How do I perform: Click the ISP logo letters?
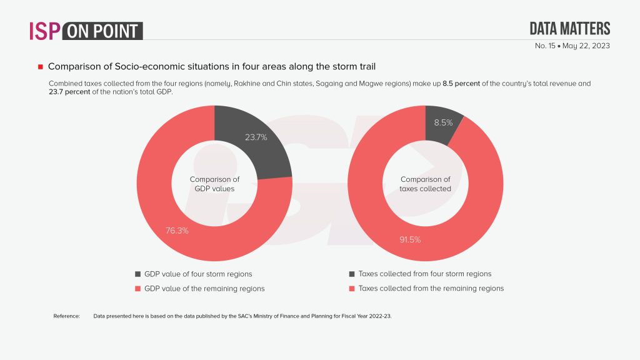pyautogui.click(x=44, y=31)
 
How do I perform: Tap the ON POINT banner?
pyautogui.click(x=104, y=31)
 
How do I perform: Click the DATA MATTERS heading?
pyautogui.click(x=569, y=28)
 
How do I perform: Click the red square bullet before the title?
pyautogui.click(x=40, y=66)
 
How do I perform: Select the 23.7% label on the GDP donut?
pyautogui.click(x=255, y=137)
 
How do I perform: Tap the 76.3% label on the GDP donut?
pyautogui.click(x=176, y=230)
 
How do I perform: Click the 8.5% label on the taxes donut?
pyautogui.click(x=444, y=123)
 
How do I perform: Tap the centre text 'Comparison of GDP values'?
pyautogui.click(x=214, y=184)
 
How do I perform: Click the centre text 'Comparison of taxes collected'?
pyautogui.click(x=425, y=184)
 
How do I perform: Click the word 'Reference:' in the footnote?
pyautogui.click(x=67, y=316)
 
